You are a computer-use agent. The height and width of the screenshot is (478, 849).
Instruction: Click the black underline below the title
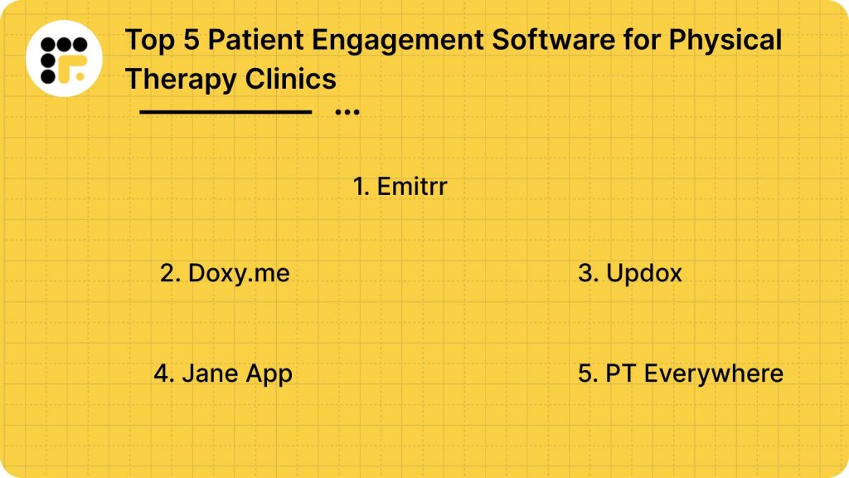pyautogui.click(x=225, y=111)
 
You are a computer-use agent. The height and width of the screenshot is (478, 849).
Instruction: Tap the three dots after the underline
pyautogui.click(x=347, y=111)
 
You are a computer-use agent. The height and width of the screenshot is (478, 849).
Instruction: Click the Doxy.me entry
pyautogui.click(x=225, y=273)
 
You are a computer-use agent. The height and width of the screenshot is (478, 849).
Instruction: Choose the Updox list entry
pyautogui.click(x=630, y=273)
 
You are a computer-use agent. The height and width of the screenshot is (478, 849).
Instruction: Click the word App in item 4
pyautogui.click(x=269, y=374)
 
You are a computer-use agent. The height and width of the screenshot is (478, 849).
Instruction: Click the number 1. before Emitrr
pyautogui.click(x=361, y=187)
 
